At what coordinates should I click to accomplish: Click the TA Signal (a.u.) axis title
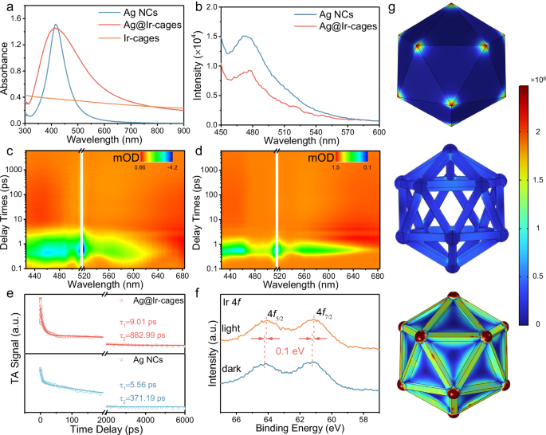pos(11,355)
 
